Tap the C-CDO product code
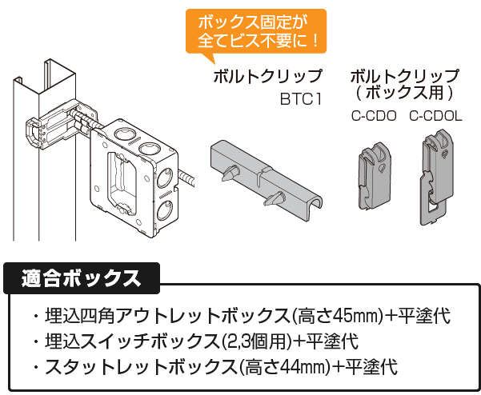pos(374,115)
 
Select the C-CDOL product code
pos(435,115)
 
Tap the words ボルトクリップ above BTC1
pos(267,78)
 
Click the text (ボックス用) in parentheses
pos(406,91)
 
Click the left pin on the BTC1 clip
pos(230,171)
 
